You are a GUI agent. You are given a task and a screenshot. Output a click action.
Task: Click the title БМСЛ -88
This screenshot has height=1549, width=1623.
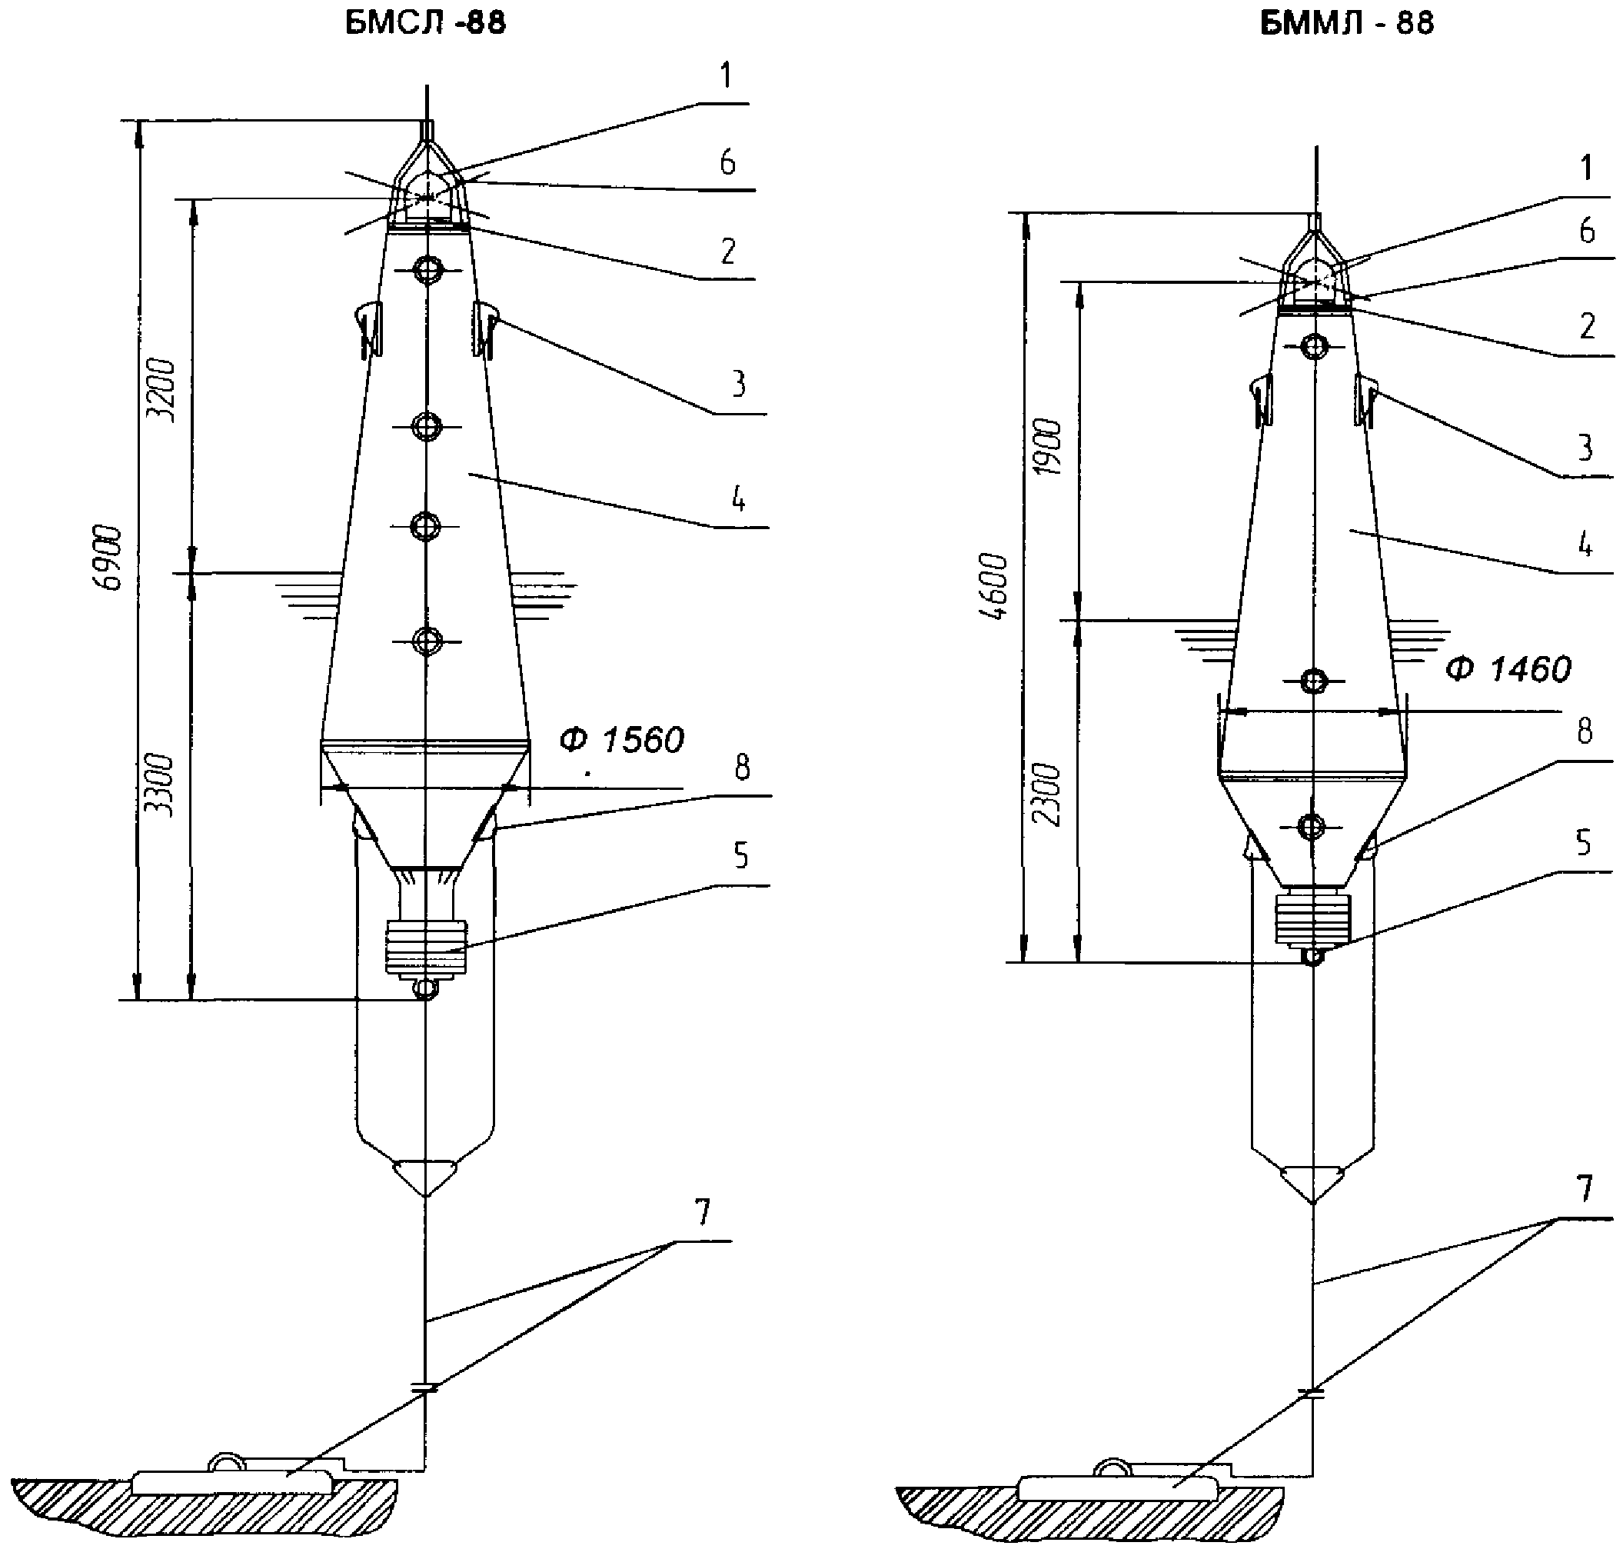(425, 24)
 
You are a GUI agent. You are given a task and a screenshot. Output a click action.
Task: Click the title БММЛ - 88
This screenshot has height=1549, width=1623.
(1347, 24)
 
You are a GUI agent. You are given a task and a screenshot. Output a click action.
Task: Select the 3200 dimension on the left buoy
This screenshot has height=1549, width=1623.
(164, 391)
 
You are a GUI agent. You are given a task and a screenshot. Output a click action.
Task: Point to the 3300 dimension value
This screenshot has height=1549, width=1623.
(164, 786)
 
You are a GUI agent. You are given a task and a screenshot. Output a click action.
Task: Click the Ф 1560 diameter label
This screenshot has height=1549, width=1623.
(622, 740)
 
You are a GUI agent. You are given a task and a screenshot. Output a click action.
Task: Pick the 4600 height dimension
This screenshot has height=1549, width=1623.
(996, 587)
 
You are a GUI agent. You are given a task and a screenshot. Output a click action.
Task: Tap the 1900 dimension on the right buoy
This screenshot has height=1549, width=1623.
(1049, 447)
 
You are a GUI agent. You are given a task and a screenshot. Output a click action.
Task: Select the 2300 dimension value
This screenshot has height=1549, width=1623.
(1049, 794)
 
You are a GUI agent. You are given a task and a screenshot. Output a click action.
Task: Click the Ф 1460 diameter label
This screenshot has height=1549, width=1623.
(1508, 669)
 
